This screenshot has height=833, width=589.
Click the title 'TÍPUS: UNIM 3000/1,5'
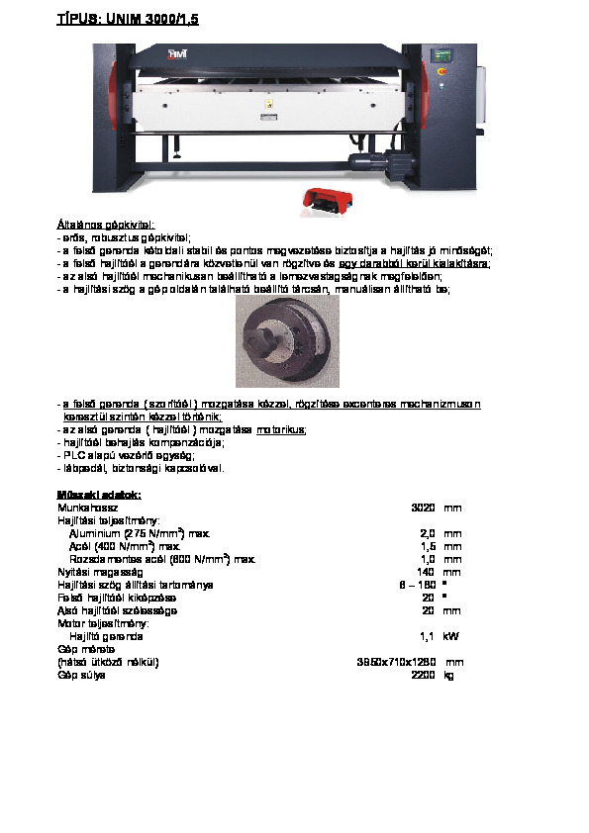[128, 19]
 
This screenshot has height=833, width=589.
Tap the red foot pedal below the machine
[320, 199]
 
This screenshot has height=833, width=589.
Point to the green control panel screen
[441, 57]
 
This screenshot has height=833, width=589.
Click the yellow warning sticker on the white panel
[264, 103]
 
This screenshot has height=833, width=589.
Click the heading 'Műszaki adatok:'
[100, 494]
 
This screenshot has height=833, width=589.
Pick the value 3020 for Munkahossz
[423, 508]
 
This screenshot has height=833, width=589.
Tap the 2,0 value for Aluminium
[428, 533]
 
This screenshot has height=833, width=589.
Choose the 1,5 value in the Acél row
[428, 546]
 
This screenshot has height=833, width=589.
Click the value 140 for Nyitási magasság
[426, 572]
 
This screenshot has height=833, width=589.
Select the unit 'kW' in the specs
[451, 636]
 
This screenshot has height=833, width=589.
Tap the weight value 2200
[423, 675]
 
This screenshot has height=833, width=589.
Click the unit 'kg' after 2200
[449, 675]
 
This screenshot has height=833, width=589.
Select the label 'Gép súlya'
[81, 675]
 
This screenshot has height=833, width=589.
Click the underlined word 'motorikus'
[281, 430]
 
